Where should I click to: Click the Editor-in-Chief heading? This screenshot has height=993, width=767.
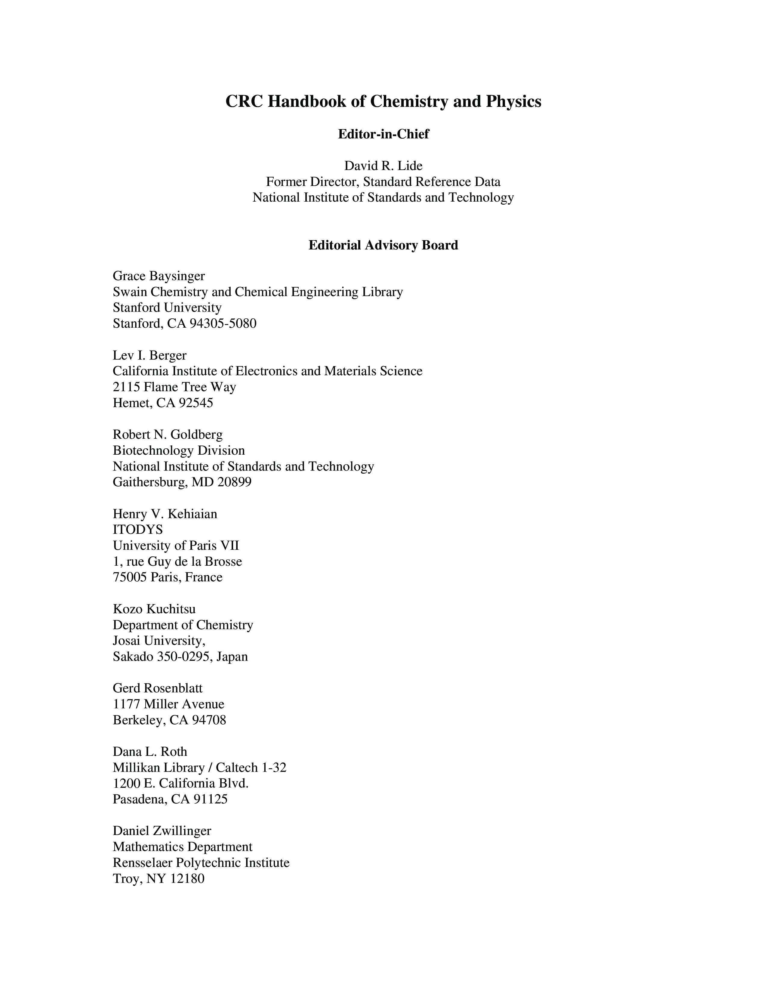[x=383, y=134]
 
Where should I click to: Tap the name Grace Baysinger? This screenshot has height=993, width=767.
[x=159, y=276]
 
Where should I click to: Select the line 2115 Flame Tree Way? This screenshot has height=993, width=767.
[x=174, y=387]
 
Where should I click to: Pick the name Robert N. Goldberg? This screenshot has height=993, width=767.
[x=168, y=435]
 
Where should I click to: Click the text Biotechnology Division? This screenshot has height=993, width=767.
[x=179, y=450]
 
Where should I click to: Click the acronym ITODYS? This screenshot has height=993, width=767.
[x=138, y=530]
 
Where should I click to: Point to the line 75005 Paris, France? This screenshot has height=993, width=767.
[x=168, y=577]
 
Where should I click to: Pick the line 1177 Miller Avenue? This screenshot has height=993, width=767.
[x=168, y=704]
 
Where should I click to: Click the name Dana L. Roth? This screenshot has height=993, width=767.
[x=150, y=752]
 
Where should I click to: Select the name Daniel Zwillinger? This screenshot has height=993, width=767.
[x=162, y=831]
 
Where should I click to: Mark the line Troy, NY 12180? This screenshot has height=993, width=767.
[x=159, y=878]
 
